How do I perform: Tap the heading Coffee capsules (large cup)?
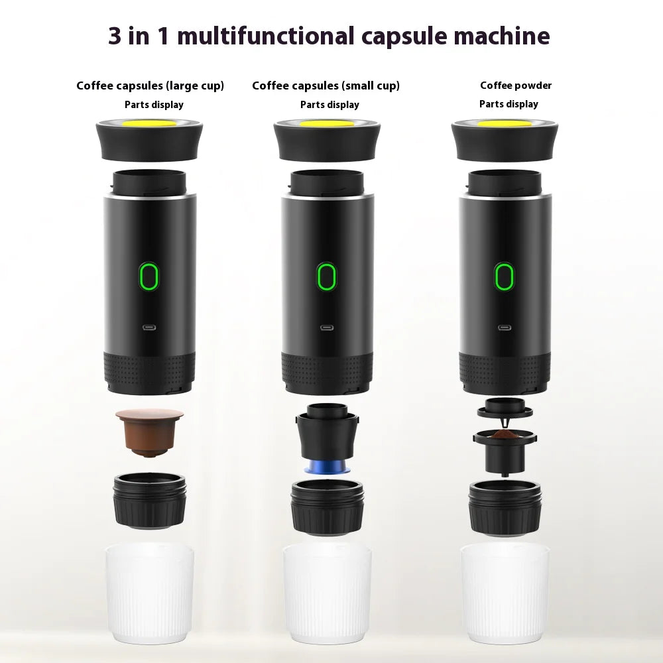pyautogui.click(x=150, y=86)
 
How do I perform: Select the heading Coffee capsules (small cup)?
pyautogui.click(x=326, y=86)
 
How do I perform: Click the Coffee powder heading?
pyautogui.click(x=516, y=85)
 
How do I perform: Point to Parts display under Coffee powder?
pyautogui.click(x=509, y=104)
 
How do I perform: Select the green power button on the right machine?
pyautogui.click(x=505, y=276)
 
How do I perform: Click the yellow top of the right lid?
pyautogui.click(x=504, y=123)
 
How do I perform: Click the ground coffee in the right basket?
pyautogui.click(x=505, y=435)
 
